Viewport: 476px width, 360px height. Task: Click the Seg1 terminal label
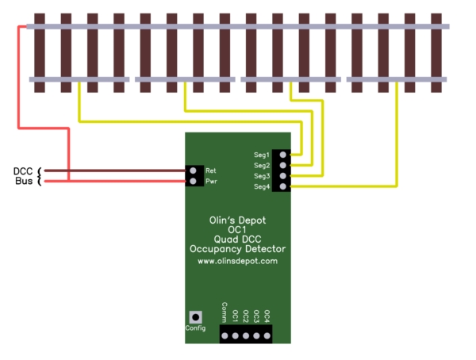[x=261, y=154]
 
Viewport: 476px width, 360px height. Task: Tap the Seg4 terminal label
[x=261, y=186]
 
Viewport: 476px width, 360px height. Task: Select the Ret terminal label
[x=211, y=170]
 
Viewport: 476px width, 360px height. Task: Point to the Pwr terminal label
[x=211, y=182]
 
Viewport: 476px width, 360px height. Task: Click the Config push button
[x=194, y=316]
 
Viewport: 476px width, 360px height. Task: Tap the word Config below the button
[x=195, y=328]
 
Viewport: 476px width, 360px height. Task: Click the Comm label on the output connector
[x=225, y=311]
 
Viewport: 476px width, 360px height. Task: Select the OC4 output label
[x=267, y=315]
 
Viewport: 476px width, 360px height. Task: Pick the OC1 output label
[x=236, y=315]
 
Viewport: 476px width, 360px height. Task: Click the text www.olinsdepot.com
[x=237, y=260]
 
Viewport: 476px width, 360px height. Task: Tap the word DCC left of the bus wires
[x=23, y=171]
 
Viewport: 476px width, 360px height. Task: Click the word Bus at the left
[x=24, y=182]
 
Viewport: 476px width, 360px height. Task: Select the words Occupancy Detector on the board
[x=237, y=249]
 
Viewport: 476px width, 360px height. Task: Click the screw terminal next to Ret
[x=194, y=170]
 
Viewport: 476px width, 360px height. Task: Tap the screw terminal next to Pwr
[x=194, y=182]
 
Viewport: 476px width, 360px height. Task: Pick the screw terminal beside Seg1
[x=283, y=154]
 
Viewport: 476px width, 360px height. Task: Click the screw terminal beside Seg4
[x=283, y=186]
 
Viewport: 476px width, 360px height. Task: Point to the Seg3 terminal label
[x=261, y=175]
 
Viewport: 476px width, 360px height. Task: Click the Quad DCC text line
[x=237, y=239]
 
